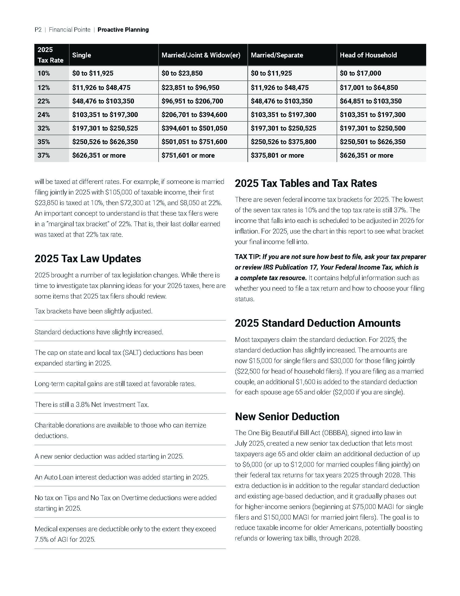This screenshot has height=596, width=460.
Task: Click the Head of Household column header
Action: pyautogui.click(x=368, y=55)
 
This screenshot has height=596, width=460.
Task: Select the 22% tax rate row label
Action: pyautogui.click(x=44, y=101)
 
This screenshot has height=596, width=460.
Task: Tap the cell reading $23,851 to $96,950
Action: pyautogui.click(x=190, y=88)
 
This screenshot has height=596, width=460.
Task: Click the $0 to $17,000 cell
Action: pyautogui.click(x=360, y=73)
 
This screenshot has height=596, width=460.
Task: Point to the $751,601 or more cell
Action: pyautogui.click(x=188, y=156)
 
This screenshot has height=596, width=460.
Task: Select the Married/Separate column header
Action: pyautogui.click(x=277, y=55)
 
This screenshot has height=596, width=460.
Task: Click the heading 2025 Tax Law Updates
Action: pyautogui.click(x=88, y=258)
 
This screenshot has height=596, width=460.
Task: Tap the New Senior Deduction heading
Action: pyautogui.click(x=287, y=416)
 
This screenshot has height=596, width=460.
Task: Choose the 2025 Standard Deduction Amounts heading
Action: pyautogui.click(x=317, y=323)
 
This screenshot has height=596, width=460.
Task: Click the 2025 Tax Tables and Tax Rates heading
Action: pyautogui.click(x=306, y=183)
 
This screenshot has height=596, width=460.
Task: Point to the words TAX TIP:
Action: pyautogui.click(x=248, y=257)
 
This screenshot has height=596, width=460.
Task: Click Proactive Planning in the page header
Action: pyautogui.click(x=123, y=30)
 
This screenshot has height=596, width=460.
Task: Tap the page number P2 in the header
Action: pyautogui.click(x=38, y=30)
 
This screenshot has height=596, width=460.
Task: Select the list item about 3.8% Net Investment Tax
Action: pyautogui.click(x=92, y=404)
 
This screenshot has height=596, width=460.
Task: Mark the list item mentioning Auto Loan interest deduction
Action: pyautogui.click(x=121, y=477)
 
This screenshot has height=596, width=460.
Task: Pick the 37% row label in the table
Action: pyautogui.click(x=44, y=156)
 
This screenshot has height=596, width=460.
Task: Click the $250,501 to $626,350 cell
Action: pyautogui.click(x=373, y=142)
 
